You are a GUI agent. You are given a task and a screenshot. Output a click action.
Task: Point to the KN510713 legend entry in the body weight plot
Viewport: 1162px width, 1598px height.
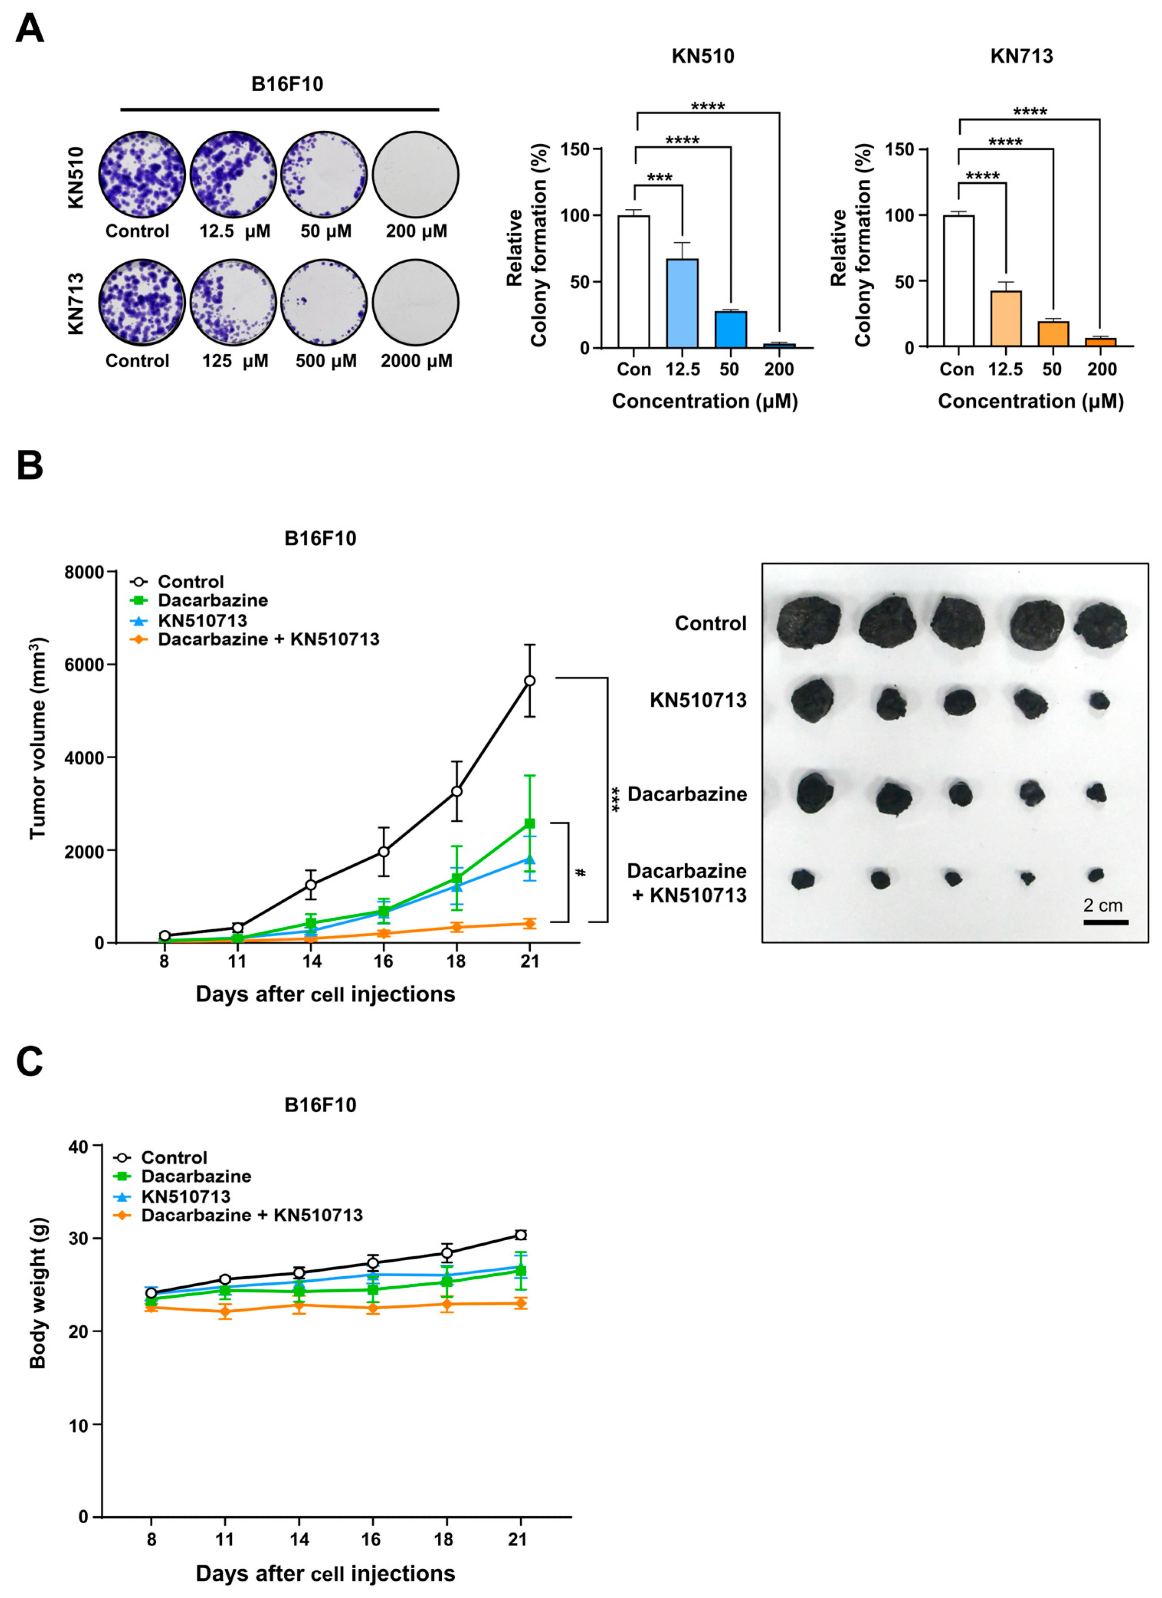(x=185, y=1196)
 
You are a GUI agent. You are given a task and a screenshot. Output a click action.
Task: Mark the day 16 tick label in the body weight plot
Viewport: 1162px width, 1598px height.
(x=372, y=1539)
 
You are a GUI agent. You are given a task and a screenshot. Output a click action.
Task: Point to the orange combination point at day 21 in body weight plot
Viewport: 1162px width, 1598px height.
(x=520, y=1304)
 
